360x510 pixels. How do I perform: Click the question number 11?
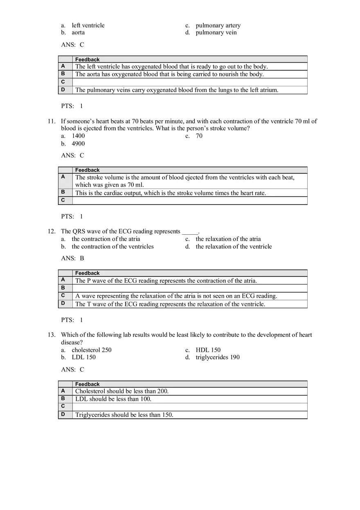[x=51, y=121]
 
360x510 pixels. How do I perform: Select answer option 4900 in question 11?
[x=78, y=144]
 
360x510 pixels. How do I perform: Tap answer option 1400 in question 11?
[x=78, y=136]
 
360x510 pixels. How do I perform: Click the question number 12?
[x=51, y=231]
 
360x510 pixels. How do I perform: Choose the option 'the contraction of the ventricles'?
[x=112, y=247]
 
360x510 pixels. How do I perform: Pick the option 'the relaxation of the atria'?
[x=228, y=239]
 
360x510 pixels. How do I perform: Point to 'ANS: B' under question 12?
[x=72, y=258]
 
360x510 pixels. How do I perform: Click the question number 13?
[x=51, y=335]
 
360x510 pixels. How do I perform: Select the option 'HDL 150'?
[x=208, y=350]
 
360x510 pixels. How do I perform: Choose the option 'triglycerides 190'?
[x=218, y=357]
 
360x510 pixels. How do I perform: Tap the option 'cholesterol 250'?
[x=91, y=350]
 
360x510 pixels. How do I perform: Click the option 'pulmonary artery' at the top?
[x=218, y=25]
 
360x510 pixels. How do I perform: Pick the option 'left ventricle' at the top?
[x=88, y=25]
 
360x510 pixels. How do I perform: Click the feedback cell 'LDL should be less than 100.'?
[x=113, y=399]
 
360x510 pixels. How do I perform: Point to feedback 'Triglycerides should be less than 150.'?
[x=124, y=415]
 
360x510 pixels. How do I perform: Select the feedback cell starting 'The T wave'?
[x=170, y=304]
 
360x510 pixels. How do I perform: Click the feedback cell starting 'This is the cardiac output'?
[x=171, y=193]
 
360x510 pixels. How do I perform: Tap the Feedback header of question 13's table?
[x=88, y=384]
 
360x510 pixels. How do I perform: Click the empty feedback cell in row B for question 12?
[x=190, y=288]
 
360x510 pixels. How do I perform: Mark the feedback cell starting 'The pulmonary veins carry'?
[x=177, y=90]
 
